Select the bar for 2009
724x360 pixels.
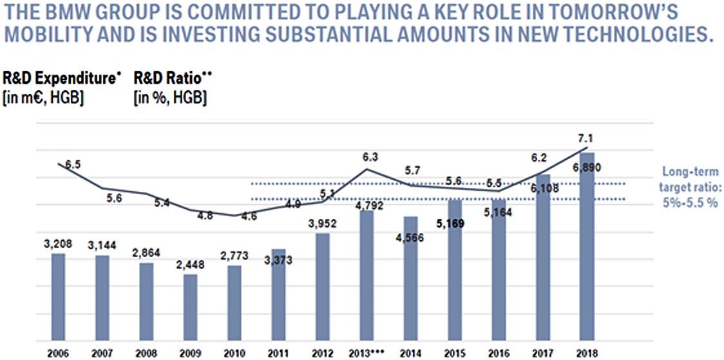pos(190,307)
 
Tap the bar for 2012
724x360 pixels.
pos(322,287)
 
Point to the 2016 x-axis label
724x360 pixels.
pos(499,353)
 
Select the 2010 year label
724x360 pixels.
pos(234,353)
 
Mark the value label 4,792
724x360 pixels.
pos(367,207)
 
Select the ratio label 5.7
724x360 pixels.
pos(412,171)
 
